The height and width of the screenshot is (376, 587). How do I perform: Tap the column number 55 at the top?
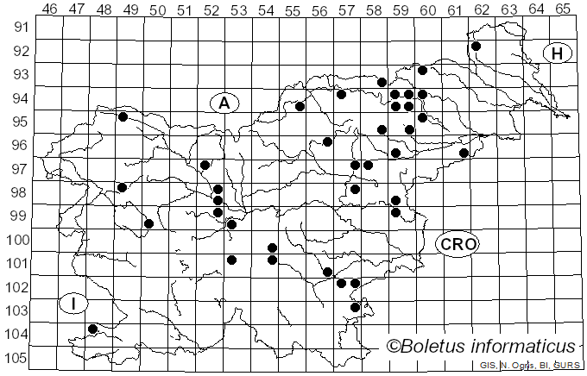pos(293,9)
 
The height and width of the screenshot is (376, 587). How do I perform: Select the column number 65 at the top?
pos(563,9)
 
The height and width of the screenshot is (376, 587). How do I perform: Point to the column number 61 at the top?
pos(455,9)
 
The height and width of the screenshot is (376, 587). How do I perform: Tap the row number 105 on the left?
pos(19,358)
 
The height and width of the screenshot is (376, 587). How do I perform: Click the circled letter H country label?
pos(558,53)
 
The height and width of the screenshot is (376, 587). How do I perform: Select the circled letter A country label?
pos(224,103)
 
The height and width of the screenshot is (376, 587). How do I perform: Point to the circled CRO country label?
pos(457,244)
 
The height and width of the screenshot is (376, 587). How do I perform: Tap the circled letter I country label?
pos(74,304)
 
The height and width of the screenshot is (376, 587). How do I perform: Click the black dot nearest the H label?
pos(476,46)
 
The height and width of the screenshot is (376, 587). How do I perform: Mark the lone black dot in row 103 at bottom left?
pos(93,329)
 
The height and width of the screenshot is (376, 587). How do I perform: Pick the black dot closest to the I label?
pos(93,329)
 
